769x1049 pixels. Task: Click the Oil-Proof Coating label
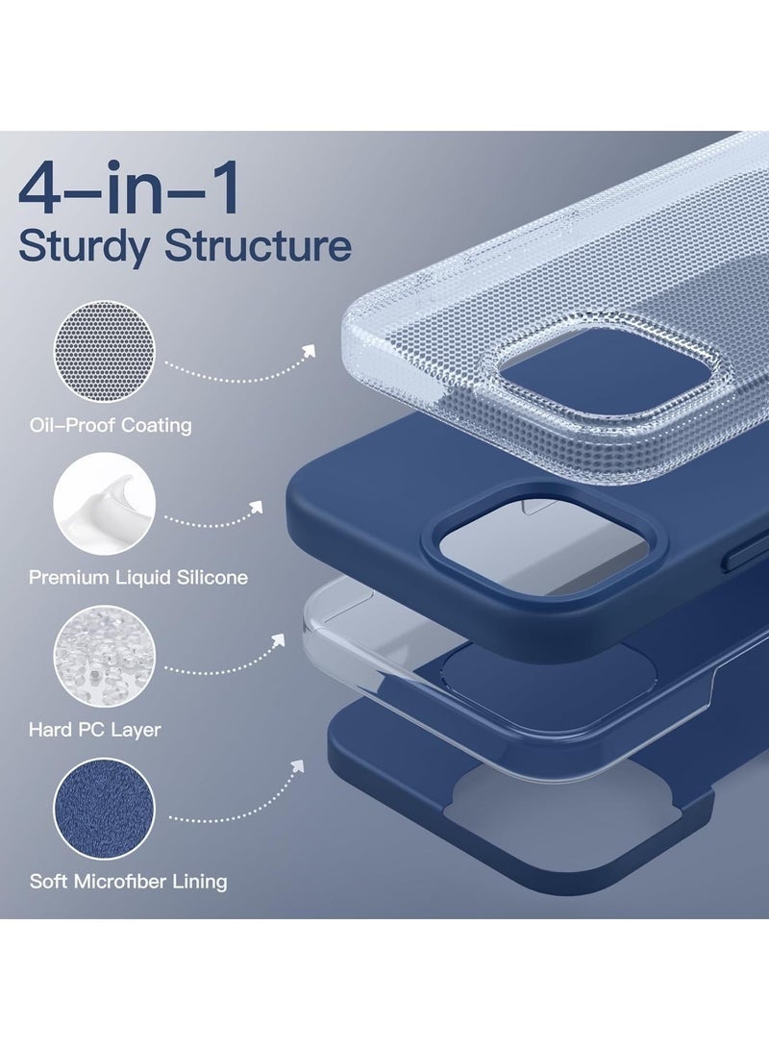(x=111, y=425)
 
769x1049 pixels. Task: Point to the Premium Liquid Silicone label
(x=138, y=578)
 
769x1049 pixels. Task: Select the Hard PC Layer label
(x=95, y=730)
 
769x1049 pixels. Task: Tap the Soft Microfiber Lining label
(x=128, y=881)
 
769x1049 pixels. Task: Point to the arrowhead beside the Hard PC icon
(x=279, y=637)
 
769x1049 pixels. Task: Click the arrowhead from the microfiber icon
(x=297, y=765)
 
